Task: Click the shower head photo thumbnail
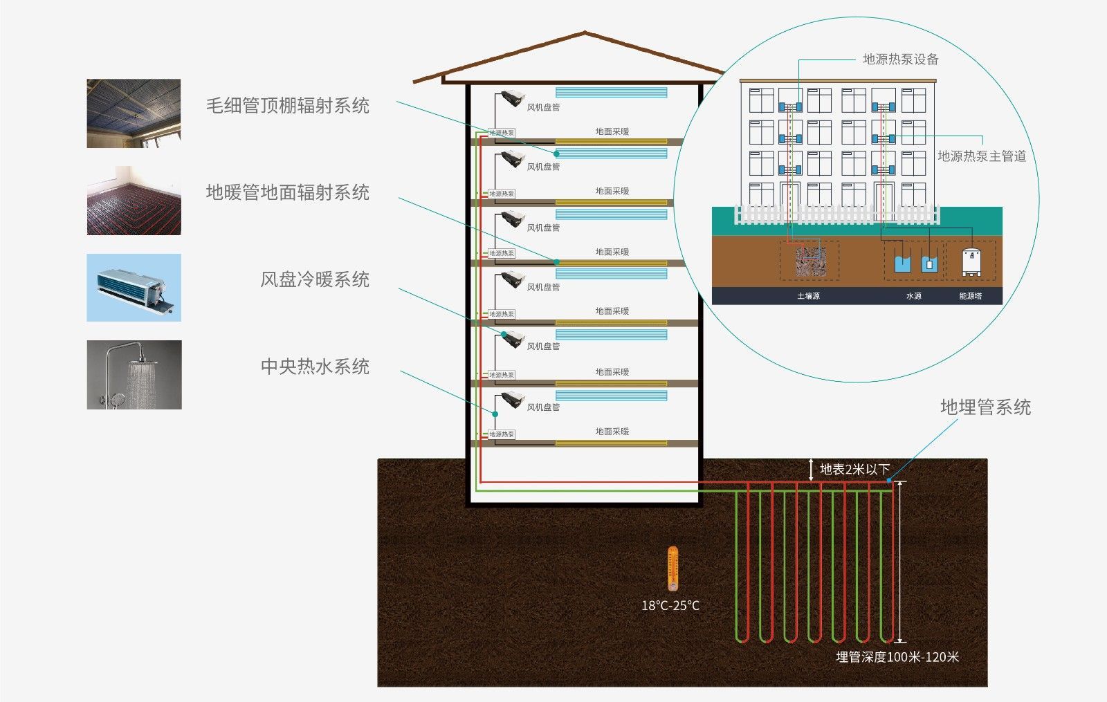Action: point(134,374)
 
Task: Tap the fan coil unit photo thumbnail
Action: point(134,287)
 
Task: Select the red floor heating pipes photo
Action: point(134,201)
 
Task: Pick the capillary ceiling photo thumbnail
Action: point(134,113)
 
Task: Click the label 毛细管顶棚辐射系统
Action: point(288,106)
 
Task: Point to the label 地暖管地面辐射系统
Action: point(288,192)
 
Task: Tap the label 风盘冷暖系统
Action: point(315,279)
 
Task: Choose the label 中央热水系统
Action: point(315,367)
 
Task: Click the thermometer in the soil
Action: point(672,568)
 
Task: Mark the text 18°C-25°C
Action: point(670,606)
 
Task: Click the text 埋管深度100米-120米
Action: point(897,657)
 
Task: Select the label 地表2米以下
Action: point(854,469)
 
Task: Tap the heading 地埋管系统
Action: point(985,407)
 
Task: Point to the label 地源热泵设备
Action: point(900,59)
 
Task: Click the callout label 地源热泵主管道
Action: point(981,156)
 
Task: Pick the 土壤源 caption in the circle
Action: point(808,296)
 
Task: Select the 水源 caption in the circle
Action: point(913,296)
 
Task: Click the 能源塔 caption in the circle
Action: point(970,296)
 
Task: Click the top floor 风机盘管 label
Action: point(543,107)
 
